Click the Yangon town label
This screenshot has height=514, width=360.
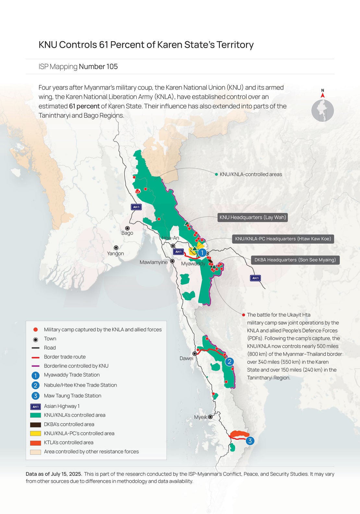115,253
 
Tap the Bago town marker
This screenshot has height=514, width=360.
127,228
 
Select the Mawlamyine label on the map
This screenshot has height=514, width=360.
153,262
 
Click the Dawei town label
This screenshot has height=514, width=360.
186,358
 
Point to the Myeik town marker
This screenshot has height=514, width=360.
210,417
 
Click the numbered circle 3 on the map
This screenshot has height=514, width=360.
250,441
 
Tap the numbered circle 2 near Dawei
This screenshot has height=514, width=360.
229,362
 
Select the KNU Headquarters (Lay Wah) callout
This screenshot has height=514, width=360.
253,217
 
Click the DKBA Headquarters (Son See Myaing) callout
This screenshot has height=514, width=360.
295,260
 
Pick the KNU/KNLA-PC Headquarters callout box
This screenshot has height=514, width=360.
283,239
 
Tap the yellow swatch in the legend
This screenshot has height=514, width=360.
35,433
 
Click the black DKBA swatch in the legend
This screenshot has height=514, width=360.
35,425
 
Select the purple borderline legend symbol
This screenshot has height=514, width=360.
35,366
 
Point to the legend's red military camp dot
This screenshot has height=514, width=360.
36,330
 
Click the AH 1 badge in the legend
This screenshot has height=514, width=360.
35,406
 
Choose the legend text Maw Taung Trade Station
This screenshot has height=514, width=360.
73,396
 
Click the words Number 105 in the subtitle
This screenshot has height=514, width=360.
98,66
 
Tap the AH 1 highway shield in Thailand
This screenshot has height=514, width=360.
255,278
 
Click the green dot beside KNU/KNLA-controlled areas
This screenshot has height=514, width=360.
216,174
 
